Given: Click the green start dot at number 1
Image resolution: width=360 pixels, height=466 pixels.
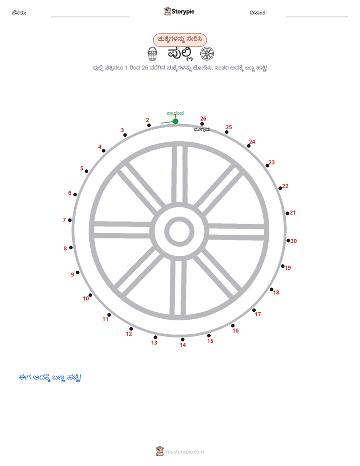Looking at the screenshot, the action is pyautogui.click(x=175, y=121).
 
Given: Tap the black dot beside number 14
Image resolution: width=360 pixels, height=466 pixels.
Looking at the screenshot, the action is pyautogui.click(x=183, y=339).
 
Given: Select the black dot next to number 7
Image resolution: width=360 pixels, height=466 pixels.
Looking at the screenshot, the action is pyautogui.click(x=70, y=220).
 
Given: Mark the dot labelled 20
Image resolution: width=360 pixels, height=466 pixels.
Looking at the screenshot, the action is pyautogui.click(x=288, y=241).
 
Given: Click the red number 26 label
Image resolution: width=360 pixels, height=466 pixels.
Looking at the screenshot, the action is pyautogui.click(x=203, y=119).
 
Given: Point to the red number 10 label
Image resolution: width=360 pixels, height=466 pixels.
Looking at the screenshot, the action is pyautogui.click(x=86, y=299).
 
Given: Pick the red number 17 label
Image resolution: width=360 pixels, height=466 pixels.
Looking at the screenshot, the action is pyautogui.click(x=258, y=314).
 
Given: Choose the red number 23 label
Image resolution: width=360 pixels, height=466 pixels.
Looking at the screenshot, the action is pyautogui.click(x=272, y=162).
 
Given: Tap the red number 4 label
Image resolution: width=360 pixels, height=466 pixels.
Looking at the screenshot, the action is pyautogui.click(x=100, y=147).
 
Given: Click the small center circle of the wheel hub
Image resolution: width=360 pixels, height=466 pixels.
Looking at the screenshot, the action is pyautogui.click(x=179, y=231).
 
